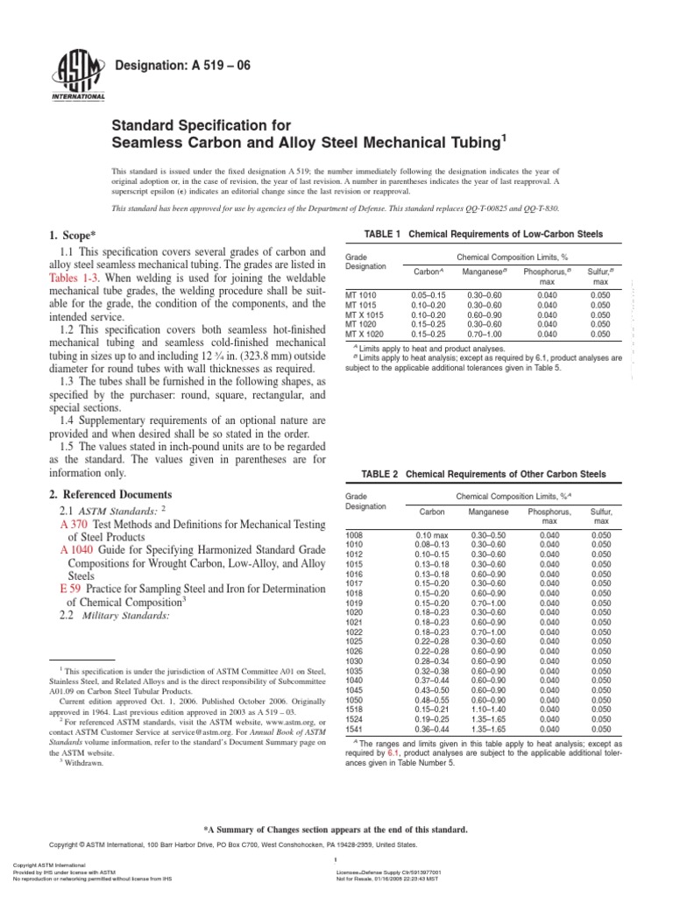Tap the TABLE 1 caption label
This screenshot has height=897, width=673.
coord(384,236)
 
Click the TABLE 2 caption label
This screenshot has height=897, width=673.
coord(384,474)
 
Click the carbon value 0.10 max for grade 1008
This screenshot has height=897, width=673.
coord(431,534)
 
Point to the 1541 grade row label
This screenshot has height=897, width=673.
coord(355,727)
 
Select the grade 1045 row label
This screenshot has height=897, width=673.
coord(355,690)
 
